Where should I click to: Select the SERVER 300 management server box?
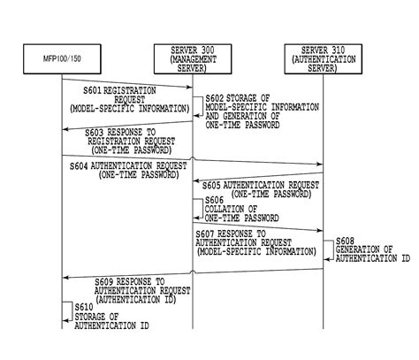click(x=194, y=58)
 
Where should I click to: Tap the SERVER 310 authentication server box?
click(x=324, y=58)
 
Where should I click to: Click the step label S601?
click(x=92, y=90)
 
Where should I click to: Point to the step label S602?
click(x=214, y=98)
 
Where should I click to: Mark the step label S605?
click(x=212, y=185)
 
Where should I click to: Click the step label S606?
click(x=216, y=201)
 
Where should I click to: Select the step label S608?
click(x=346, y=241)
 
